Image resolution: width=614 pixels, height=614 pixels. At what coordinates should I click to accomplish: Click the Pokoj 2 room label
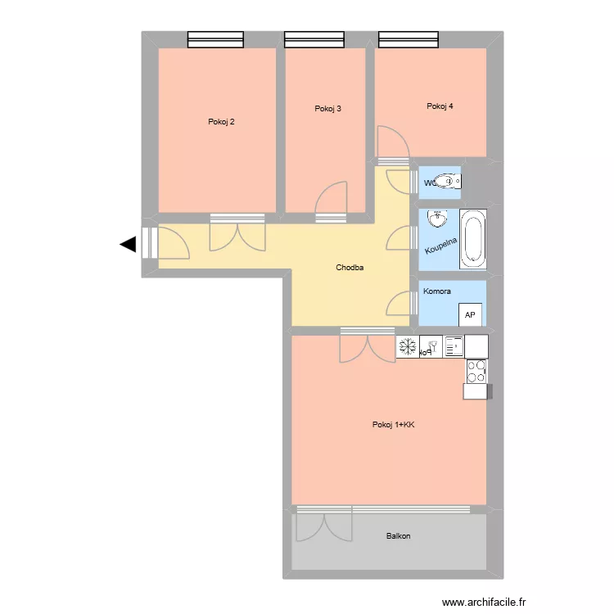pyautogui.click(x=221, y=122)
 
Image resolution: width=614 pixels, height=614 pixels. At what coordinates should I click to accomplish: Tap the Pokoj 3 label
pyautogui.click(x=327, y=109)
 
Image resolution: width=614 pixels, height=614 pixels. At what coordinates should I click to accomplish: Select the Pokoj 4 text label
pyautogui.click(x=440, y=106)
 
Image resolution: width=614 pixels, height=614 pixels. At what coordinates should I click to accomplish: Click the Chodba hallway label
pyautogui.click(x=350, y=268)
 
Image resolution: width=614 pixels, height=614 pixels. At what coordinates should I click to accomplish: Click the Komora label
pyautogui.click(x=436, y=291)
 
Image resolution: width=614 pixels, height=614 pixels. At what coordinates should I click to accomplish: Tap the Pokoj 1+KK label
pyautogui.click(x=393, y=424)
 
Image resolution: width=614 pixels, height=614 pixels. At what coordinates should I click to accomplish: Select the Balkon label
pyautogui.click(x=399, y=536)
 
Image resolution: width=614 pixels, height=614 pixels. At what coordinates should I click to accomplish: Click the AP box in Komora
pyautogui.click(x=470, y=314)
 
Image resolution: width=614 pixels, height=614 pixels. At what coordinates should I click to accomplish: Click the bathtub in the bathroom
pyautogui.click(x=473, y=240)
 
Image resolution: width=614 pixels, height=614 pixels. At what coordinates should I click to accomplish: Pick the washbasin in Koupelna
pyautogui.click(x=438, y=219)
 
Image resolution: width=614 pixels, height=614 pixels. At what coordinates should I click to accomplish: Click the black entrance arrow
pyautogui.click(x=128, y=244)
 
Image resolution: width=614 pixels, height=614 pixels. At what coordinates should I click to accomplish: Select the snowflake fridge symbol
pyautogui.click(x=407, y=346)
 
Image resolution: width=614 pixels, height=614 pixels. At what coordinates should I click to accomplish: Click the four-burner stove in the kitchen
pyautogui.click(x=476, y=371)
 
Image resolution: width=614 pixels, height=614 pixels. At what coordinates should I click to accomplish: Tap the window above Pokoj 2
pyautogui.click(x=215, y=38)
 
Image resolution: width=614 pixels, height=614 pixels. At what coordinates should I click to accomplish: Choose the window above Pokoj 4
pyautogui.click(x=409, y=38)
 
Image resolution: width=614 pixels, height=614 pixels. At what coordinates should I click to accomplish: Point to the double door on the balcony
pyautogui.click(x=325, y=525)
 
